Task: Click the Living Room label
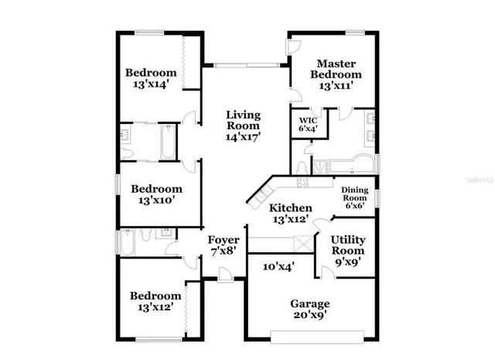click(x=243, y=125)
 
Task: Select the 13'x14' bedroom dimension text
click(x=152, y=84)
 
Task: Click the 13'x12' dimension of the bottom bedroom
click(x=155, y=306)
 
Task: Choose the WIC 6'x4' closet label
click(x=308, y=125)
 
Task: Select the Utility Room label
click(x=347, y=251)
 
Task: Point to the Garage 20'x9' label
click(x=309, y=309)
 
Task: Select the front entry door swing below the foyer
click(x=224, y=273)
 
